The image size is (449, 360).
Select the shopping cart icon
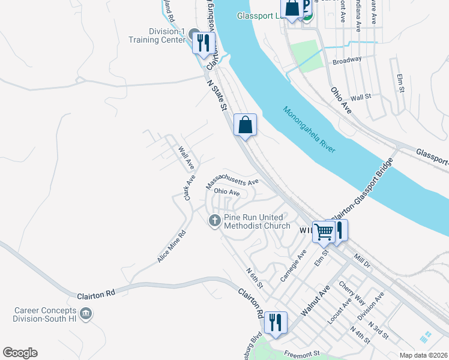tap(324, 231)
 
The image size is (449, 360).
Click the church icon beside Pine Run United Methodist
tap(214, 221)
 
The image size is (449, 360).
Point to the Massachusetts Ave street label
tap(232, 180)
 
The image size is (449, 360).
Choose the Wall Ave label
tap(186, 157)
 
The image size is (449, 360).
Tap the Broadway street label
tap(347, 60)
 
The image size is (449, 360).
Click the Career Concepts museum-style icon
tap(85, 313)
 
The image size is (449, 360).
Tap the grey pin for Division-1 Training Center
tap(194, 35)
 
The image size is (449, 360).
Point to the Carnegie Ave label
tap(294, 267)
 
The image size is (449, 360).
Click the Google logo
tap(20, 353)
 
